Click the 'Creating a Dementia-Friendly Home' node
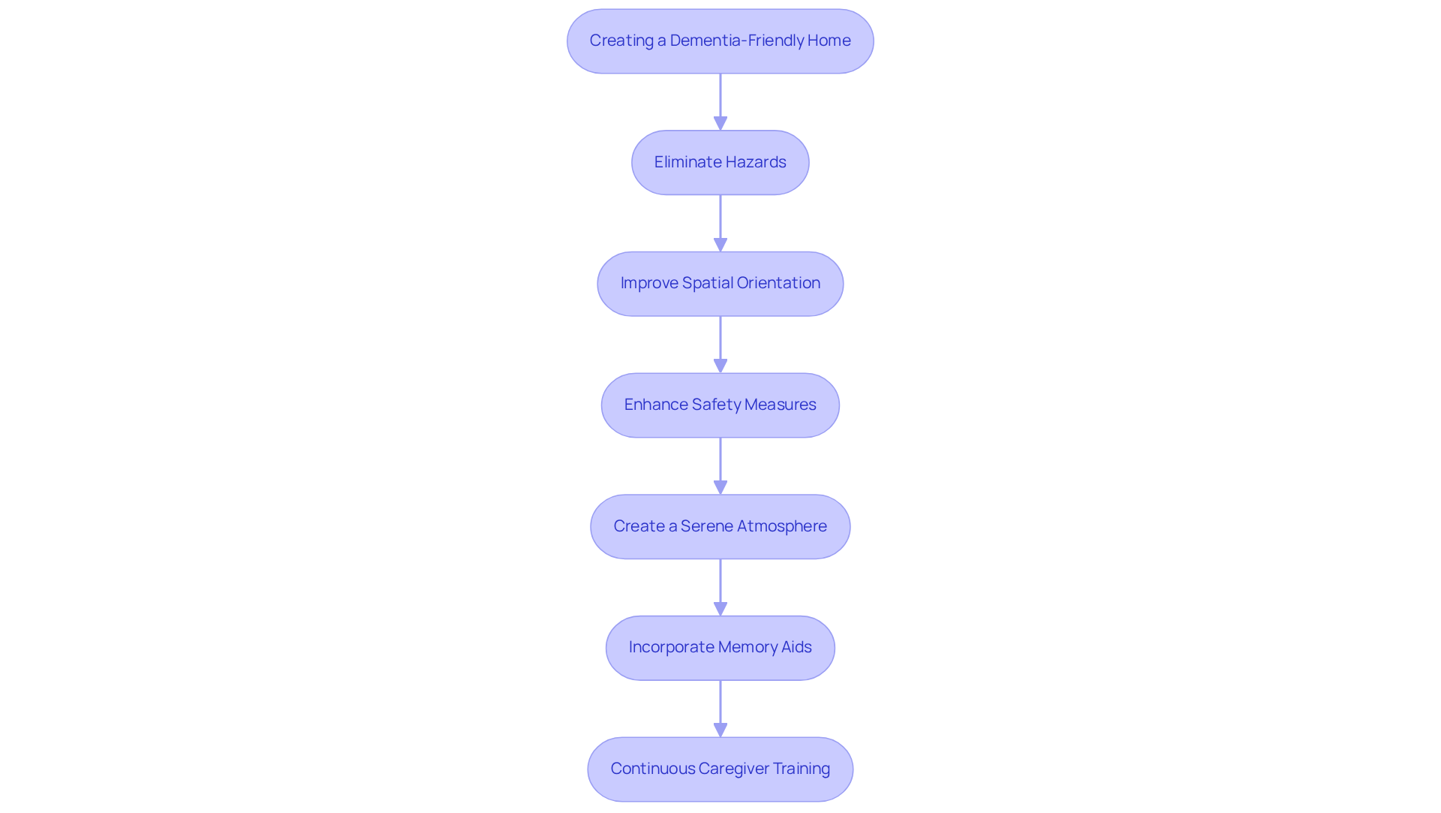(720, 41)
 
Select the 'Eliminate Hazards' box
(720, 163)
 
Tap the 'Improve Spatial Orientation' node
(720, 284)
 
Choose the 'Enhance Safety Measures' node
(720, 405)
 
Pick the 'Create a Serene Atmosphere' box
(720, 527)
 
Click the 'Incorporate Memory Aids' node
(720, 648)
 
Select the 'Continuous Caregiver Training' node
(720, 769)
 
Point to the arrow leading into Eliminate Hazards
(720, 102)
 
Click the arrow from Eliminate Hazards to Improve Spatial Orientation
(720, 223)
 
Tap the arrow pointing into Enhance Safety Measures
(720, 345)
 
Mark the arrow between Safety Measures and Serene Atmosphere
(720, 466)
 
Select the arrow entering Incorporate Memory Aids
(720, 587)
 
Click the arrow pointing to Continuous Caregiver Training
(720, 709)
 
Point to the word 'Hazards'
(756, 162)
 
